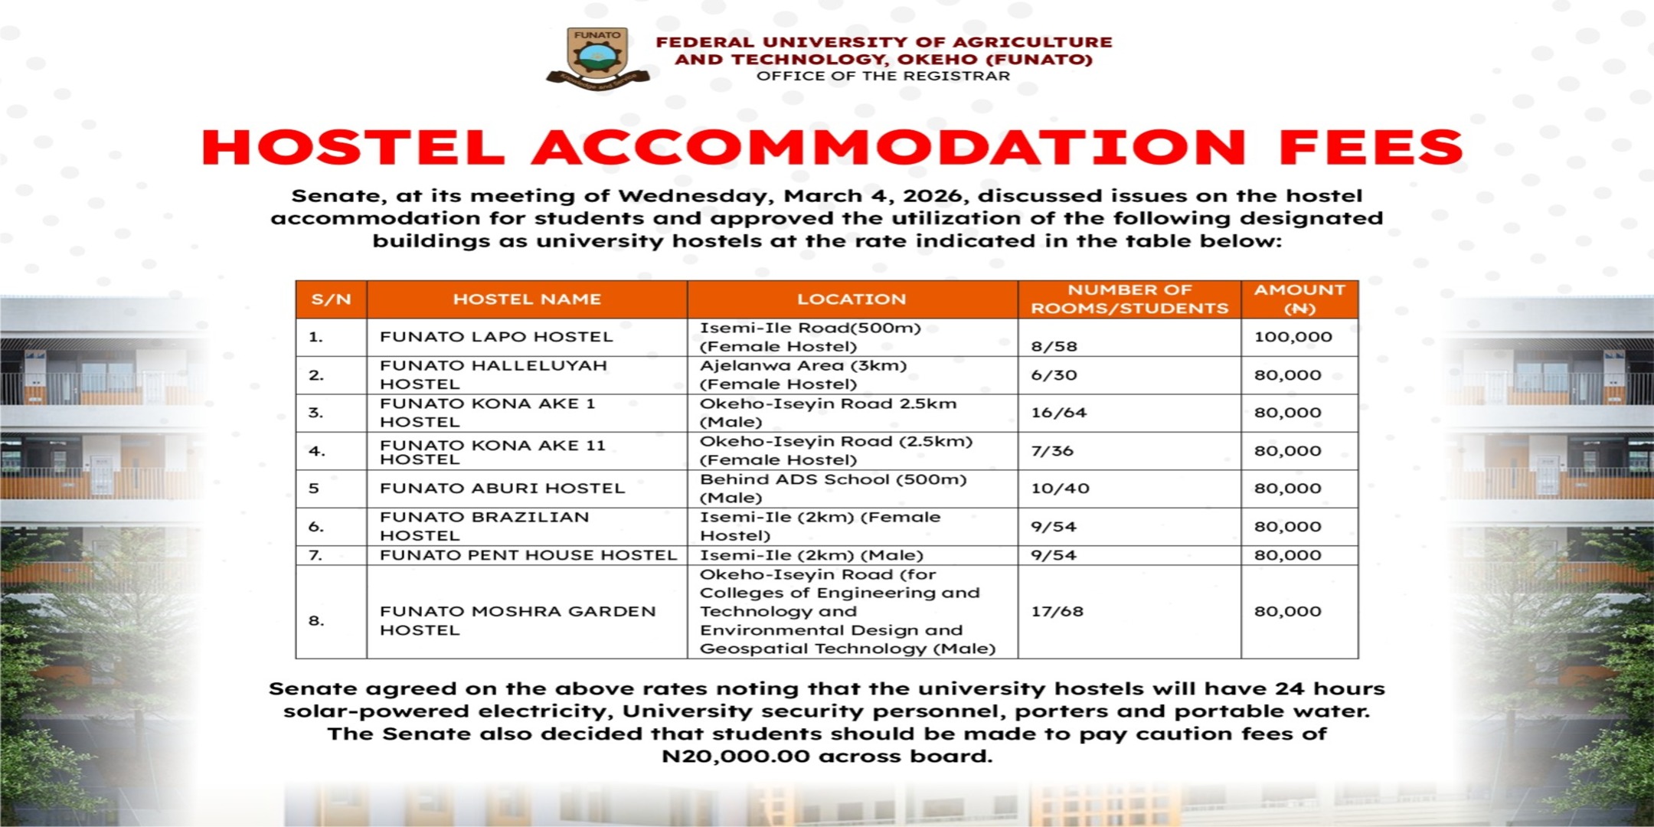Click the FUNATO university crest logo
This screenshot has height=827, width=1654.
(597, 58)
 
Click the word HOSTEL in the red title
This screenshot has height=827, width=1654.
(353, 148)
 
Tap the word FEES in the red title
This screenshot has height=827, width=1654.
(1370, 148)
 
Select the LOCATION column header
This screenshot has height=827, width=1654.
(851, 299)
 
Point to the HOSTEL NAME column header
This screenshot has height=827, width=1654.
(527, 299)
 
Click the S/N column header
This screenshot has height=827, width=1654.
(331, 299)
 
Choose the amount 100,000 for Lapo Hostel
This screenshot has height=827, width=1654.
(1293, 337)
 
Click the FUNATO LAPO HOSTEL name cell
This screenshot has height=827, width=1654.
(496, 337)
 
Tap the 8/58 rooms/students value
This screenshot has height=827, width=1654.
(1054, 346)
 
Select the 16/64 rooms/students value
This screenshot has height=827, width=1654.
(1058, 413)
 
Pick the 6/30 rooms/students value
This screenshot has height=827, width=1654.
(1054, 375)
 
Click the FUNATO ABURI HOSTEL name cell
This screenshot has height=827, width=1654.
(502, 489)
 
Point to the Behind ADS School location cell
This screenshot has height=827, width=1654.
(833, 489)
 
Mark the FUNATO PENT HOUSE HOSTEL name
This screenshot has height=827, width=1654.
(528, 555)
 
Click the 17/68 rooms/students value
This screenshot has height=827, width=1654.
(1057, 611)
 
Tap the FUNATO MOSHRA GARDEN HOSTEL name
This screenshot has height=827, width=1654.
(518, 620)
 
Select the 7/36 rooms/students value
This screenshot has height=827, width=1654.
(1052, 451)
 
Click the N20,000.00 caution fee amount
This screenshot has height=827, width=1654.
(735, 757)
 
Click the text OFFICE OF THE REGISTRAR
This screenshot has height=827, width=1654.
(883, 76)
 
